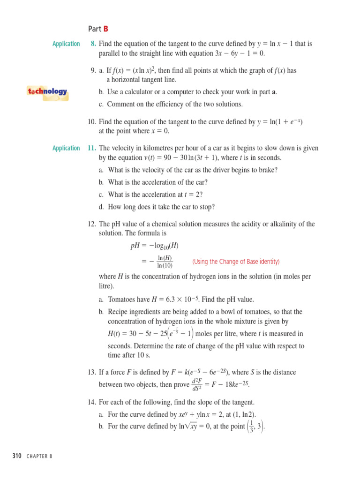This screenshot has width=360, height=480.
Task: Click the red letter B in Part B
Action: click(106, 29)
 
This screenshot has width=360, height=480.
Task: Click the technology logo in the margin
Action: click(47, 92)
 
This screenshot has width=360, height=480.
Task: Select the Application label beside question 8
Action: click(66, 44)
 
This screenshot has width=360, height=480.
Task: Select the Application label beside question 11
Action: click(66, 148)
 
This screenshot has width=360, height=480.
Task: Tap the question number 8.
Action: click(93, 44)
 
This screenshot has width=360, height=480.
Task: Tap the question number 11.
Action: click(92, 148)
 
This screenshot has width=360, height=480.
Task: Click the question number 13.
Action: click(92, 373)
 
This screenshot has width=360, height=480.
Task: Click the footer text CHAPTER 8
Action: click(39, 457)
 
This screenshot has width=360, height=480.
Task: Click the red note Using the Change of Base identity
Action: click(236, 262)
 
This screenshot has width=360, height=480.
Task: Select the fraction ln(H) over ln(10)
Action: click(165, 262)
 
